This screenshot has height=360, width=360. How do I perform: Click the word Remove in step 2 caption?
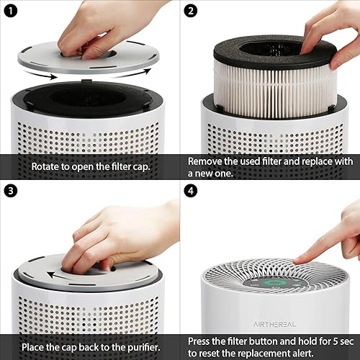point(208,161)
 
